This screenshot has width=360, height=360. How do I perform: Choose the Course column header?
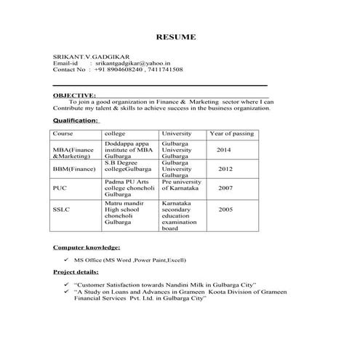(x=63, y=134)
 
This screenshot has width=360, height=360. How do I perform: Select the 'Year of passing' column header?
(x=231, y=134)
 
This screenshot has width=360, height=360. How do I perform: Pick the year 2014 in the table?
(x=223, y=149)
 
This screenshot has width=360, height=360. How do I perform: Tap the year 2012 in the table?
(x=225, y=169)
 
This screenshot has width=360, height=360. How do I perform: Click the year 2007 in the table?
(x=225, y=188)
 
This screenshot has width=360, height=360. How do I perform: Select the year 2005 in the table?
(x=225, y=209)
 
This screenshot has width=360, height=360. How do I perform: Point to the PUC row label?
(x=60, y=188)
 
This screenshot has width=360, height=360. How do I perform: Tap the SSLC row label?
(x=62, y=209)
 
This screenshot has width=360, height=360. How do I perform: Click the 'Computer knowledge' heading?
(x=87, y=247)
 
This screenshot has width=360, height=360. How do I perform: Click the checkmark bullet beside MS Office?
(x=67, y=259)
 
